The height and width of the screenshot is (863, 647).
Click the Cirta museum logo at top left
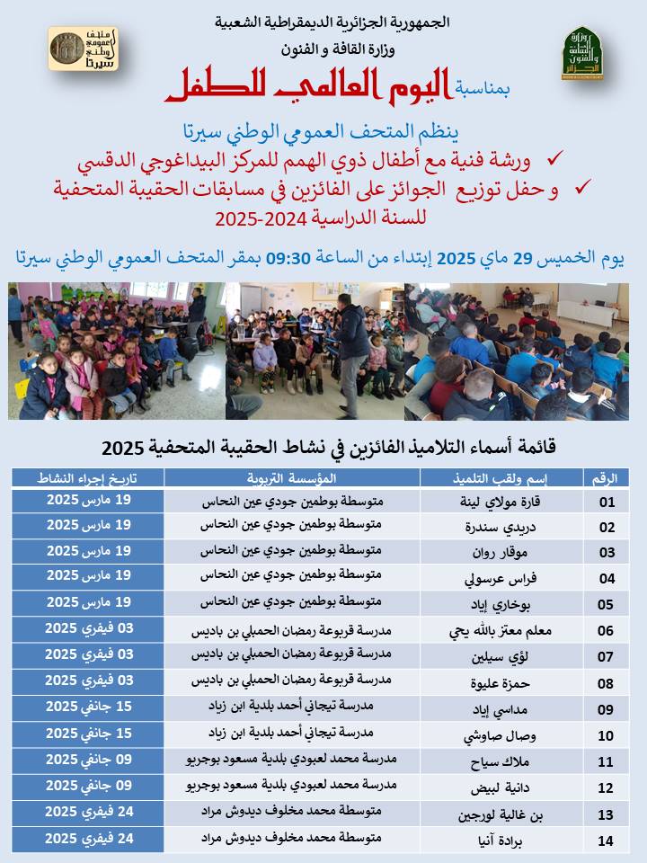82,50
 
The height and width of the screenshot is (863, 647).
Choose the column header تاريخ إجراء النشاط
88,476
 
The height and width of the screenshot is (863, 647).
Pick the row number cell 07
607,657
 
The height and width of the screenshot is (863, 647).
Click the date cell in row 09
88,707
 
